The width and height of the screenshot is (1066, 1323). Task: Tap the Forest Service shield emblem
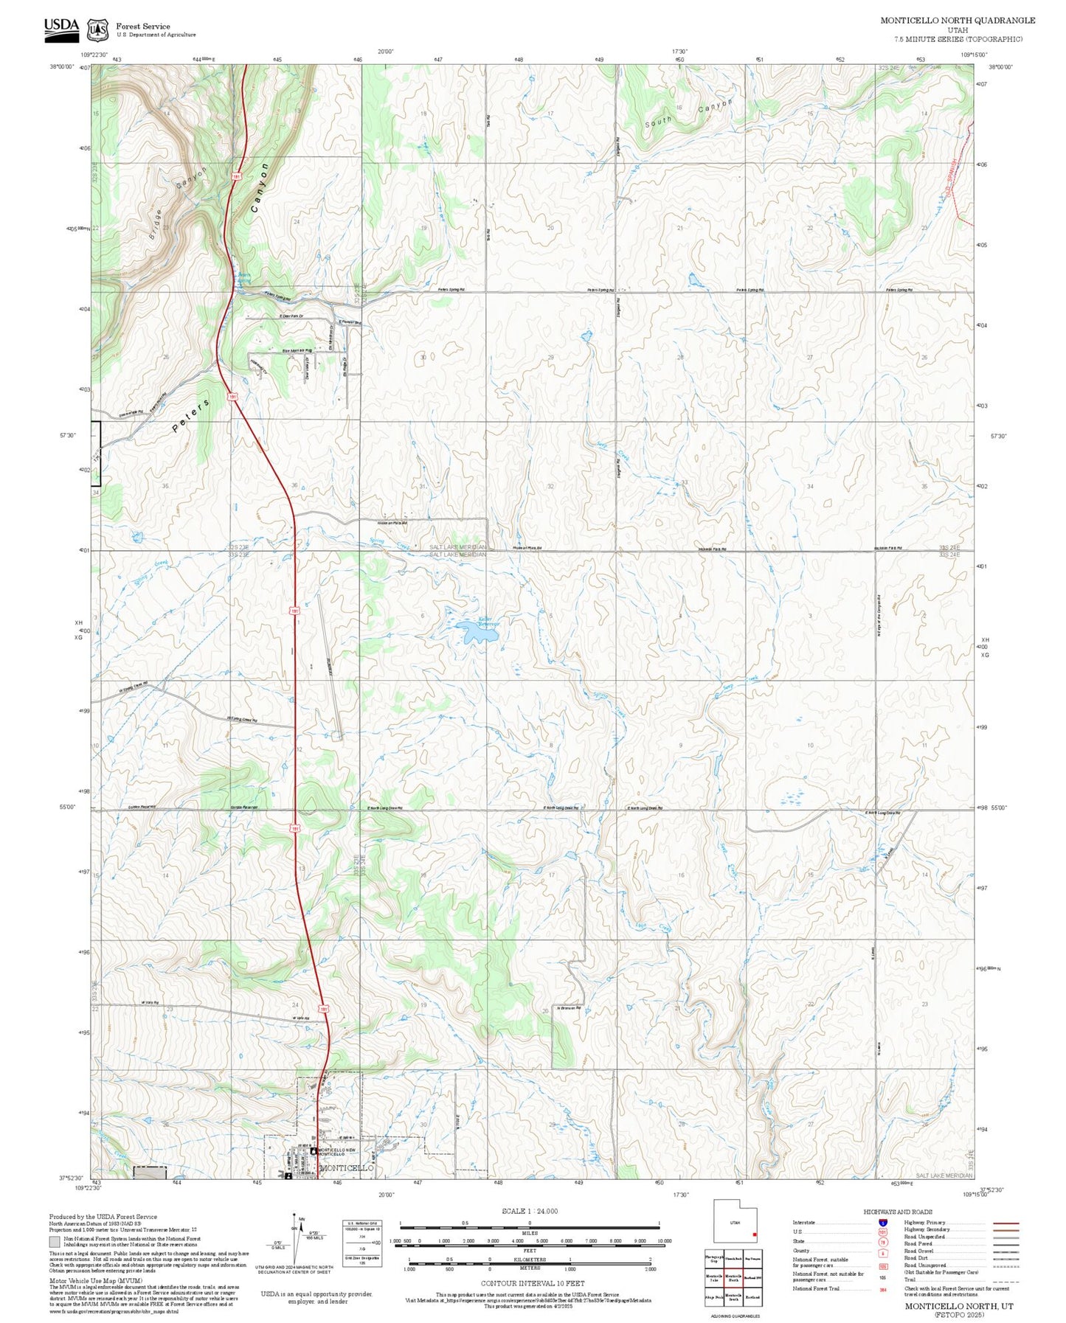coord(97,30)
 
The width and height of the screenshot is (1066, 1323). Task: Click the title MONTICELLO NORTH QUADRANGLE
coord(957,21)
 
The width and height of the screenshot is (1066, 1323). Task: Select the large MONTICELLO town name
coord(347,1168)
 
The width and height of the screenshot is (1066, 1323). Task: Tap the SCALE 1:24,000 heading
coord(529,1212)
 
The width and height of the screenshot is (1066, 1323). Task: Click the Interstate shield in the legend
coord(882,1223)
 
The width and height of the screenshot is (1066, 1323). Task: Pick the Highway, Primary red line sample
coord(1006,1223)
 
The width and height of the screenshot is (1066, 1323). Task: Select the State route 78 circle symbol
coord(882,1241)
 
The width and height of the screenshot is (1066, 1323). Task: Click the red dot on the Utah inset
coord(755,1235)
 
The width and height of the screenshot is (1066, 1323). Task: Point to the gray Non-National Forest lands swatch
coord(54,1242)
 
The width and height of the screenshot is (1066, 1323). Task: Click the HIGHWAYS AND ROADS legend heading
coord(897,1212)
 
